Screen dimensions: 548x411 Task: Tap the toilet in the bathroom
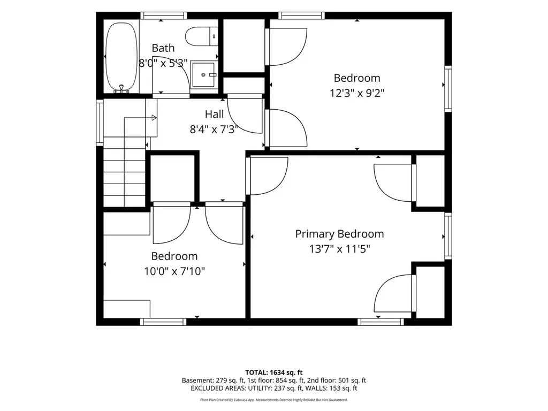[202, 36]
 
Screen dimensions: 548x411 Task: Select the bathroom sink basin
[203, 74]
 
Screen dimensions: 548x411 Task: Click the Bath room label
[163, 48]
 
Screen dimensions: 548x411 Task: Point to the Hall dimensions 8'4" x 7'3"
[214, 130]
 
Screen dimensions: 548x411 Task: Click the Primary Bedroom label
[339, 234]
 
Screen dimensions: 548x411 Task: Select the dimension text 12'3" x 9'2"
[357, 93]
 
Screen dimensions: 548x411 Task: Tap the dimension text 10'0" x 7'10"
[174, 271]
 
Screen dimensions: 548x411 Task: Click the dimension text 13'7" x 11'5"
[339, 249]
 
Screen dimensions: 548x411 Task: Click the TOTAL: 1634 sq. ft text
[273, 372]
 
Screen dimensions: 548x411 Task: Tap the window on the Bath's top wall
[164, 16]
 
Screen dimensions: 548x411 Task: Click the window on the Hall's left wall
[100, 123]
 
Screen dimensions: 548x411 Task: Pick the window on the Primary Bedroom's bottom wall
[380, 322]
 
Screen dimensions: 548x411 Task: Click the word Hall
[214, 114]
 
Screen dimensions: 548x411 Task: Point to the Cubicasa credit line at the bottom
[273, 400]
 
